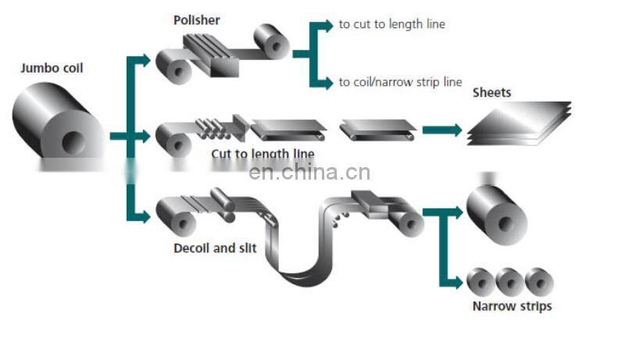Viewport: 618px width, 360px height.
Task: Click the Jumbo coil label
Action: (x=51, y=68)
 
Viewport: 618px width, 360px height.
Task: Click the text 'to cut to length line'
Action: (x=391, y=24)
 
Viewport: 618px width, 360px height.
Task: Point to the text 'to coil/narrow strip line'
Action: (x=400, y=82)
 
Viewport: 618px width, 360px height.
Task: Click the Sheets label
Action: (x=491, y=93)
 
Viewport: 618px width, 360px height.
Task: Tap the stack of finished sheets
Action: (x=519, y=123)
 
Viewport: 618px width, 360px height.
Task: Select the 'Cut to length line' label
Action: (x=263, y=154)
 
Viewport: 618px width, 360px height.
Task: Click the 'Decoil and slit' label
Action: (x=214, y=249)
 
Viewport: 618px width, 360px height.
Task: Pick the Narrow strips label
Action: (x=512, y=306)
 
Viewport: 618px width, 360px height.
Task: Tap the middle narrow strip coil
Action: (x=509, y=281)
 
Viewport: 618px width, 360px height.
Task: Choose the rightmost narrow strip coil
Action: (x=539, y=281)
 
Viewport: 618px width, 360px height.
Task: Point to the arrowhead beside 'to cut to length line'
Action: (x=327, y=25)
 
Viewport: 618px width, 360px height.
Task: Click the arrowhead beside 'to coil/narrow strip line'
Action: (x=327, y=82)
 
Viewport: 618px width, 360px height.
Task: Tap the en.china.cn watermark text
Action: (x=309, y=173)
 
